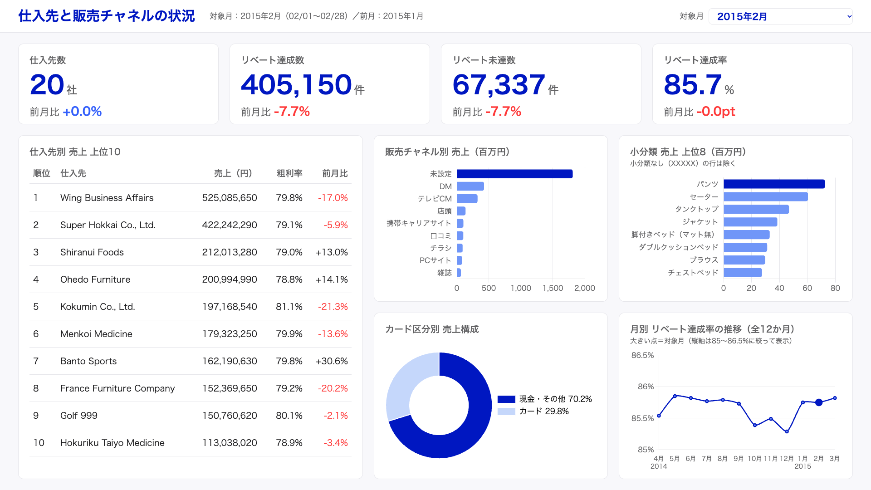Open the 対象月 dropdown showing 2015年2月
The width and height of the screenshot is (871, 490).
(780, 16)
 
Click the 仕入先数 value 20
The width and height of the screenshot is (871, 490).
(47, 85)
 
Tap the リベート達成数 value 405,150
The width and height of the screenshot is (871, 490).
(296, 85)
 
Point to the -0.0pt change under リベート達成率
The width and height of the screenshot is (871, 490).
(716, 112)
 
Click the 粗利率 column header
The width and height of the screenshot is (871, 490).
(289, 173)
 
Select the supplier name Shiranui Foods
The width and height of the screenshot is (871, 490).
(92, 252)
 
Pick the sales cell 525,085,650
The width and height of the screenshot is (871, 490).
(230, 198)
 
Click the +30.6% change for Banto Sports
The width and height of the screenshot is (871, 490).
(332, 361)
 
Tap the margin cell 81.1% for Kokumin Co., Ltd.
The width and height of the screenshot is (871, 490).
(289, 307)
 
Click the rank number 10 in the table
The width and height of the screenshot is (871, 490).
(39, 443)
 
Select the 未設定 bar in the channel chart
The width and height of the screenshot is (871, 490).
(515, 174)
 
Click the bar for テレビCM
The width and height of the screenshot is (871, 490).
(467, 199)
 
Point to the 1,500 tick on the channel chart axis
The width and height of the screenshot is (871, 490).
(553, 288)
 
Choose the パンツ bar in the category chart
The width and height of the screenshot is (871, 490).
(774, 184)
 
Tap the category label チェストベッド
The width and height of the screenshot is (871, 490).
(693, 273)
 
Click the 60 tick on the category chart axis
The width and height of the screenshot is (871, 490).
(807, 288)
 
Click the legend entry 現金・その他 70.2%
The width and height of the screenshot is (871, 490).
(545, 399)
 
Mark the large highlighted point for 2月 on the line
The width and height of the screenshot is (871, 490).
(819, 402)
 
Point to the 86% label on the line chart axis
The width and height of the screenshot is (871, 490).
(646, 387)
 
